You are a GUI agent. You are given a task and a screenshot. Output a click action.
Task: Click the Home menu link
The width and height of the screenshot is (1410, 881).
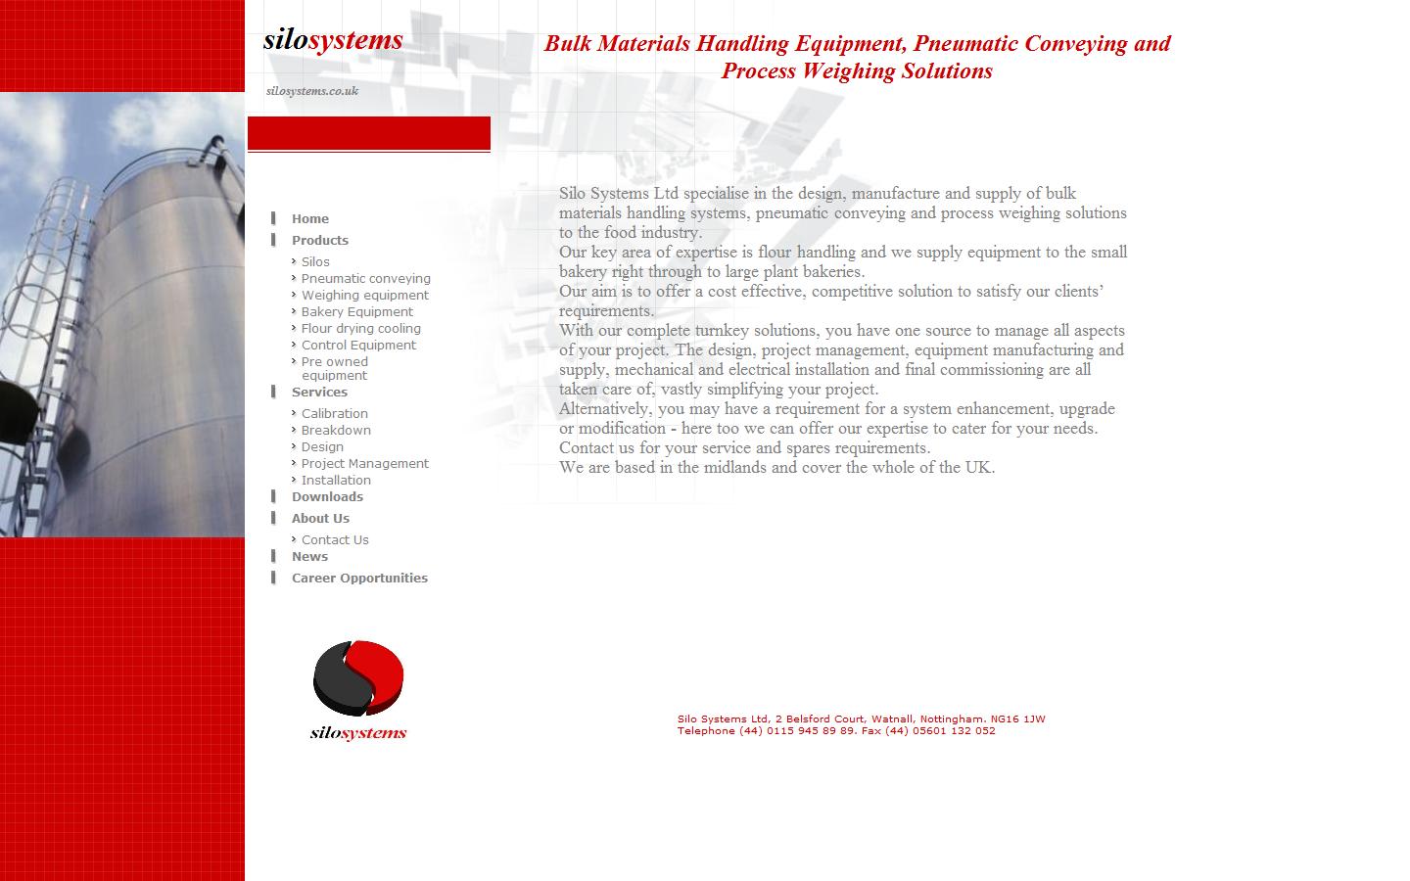coord(309,219)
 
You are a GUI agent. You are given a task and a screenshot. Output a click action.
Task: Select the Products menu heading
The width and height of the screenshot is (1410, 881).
coord(319,241)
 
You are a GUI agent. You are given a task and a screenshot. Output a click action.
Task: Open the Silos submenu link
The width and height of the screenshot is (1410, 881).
coord(315,262)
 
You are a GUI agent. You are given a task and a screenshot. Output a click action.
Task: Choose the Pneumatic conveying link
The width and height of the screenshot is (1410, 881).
coord(365,279)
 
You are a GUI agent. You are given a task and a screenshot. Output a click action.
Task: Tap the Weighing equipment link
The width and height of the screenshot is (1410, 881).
coord(364,296)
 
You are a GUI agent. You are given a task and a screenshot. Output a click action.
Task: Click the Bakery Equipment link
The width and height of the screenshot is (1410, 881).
coord(356,312)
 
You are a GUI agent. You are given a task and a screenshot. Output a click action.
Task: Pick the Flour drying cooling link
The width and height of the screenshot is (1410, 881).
coord(360,329)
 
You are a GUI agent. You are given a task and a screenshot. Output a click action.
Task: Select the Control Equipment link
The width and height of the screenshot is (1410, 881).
coord(358,346)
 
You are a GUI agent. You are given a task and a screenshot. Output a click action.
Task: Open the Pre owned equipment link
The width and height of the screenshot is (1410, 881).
coord(334,368)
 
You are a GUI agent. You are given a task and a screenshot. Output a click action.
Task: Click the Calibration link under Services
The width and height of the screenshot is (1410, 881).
coord(334,414)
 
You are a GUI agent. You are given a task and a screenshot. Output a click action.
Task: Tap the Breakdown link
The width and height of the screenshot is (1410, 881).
coord(336,431)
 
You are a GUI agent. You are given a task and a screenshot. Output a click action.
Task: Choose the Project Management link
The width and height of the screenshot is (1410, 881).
coord(364,464)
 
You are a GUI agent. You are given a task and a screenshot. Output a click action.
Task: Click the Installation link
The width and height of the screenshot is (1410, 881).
coord(336,481)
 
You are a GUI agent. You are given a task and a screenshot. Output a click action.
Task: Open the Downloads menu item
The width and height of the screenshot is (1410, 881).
coord(327,497)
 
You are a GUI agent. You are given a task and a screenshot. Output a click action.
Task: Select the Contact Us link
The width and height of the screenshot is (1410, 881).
coord(335,540)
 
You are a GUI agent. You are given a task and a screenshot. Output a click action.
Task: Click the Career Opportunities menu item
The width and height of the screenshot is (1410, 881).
coord(359,579)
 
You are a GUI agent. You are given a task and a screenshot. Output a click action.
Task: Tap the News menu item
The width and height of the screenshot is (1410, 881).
coord(309,557)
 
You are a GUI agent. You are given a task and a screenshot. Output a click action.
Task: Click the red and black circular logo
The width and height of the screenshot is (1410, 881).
coord(358,677)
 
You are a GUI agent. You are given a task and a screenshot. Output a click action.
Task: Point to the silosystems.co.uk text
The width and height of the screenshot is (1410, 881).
coord(312,91)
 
